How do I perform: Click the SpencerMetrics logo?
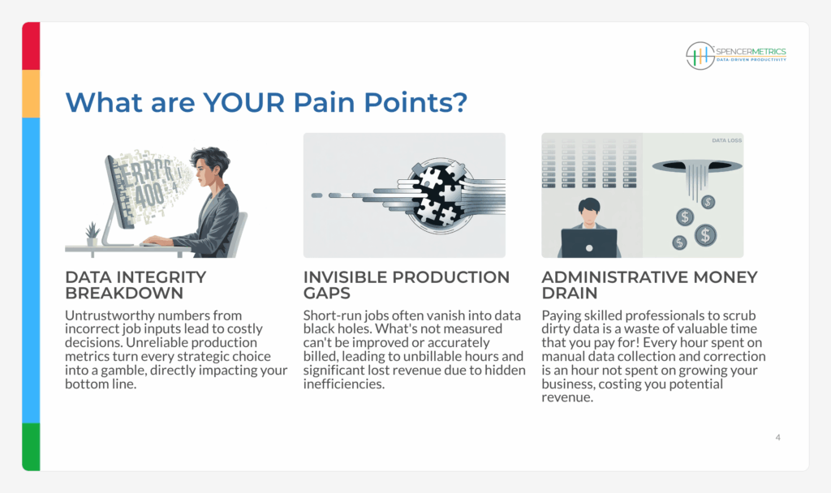click(x=736, y=56)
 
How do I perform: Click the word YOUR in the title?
click(x=244, y=102)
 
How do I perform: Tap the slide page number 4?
click(x=777, y=437)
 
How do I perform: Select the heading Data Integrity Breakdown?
click(x=136, y=285)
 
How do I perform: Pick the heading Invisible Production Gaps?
click(x=407, y=285)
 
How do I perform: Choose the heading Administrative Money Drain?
click(x=650, y=285)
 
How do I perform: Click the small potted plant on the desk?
click(x=93, y=234)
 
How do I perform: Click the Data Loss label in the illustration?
click(x=726, y=140)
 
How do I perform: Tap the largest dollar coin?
click(x=705, y=235)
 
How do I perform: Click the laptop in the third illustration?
click(x=589, y=243)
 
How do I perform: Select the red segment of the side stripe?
click(x=31, y=46)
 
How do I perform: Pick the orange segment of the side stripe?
click(x=31, y=94)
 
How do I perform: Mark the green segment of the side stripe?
click(x=31, y=447)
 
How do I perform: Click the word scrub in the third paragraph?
click(x=739, y=315)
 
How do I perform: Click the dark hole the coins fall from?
click(x=697, y=166)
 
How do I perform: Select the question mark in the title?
click(x=459, y=101)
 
